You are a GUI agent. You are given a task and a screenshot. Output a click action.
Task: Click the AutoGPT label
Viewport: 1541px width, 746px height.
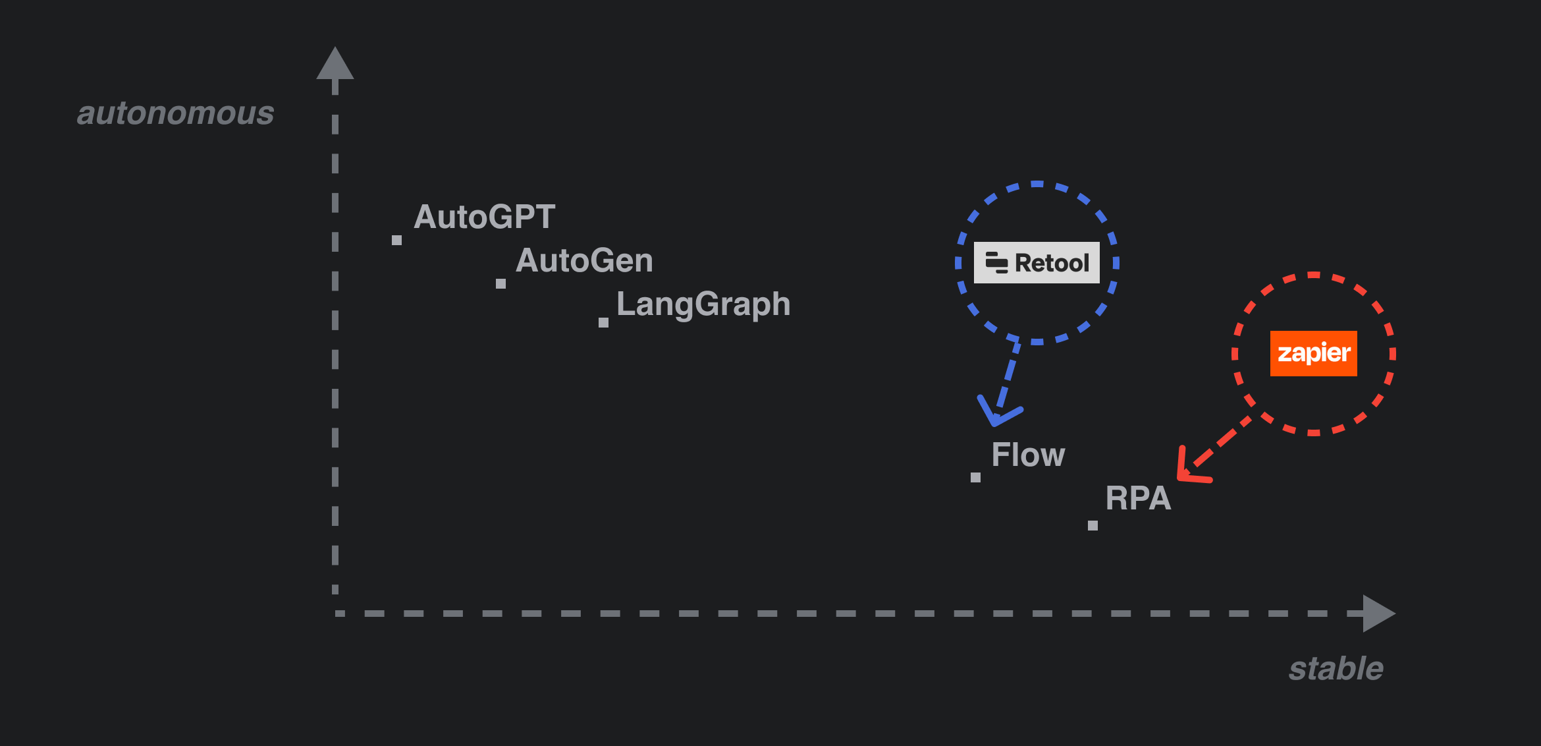(x=484, y=217)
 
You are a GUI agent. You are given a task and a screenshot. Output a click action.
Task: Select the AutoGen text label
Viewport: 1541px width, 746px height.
(x=584, y=260)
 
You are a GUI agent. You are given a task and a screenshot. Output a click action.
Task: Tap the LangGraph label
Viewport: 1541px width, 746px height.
(x=703, y=304)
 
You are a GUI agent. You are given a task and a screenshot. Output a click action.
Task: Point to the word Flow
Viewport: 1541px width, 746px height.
(x=1027, y=455)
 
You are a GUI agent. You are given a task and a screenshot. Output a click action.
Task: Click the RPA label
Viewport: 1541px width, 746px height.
(x=1138, y=498)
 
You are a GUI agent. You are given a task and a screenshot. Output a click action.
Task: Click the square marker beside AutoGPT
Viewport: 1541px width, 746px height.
(x=396, y=241)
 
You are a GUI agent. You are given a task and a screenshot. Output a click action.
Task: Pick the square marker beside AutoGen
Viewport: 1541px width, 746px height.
(x=500, y=283)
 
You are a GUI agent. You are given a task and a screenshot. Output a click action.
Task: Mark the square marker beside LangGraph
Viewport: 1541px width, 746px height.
(x=603, y=322)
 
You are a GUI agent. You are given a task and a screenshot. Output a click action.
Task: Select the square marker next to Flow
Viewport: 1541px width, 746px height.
(x=975, y=477)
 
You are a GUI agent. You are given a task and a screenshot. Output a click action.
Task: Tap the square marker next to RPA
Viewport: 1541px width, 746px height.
(x=1093, y=525)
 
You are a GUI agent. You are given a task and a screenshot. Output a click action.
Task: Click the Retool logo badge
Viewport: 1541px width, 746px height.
(x=1037, y=263)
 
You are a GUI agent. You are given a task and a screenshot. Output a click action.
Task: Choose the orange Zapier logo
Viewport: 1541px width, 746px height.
(x=1313, y=354)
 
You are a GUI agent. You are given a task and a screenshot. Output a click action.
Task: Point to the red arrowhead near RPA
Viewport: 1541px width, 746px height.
(x=1189, y=469)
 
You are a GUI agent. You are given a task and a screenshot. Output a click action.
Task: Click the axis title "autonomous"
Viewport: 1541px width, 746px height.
(x=175, y=113)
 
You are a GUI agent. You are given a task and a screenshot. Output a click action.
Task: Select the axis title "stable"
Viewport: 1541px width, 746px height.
(x=1336, y=669)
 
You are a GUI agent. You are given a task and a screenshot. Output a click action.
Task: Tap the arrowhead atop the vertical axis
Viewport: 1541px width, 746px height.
(x=335, y=65)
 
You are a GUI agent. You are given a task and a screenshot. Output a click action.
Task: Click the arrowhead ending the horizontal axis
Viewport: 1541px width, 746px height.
(x=1377, y=614)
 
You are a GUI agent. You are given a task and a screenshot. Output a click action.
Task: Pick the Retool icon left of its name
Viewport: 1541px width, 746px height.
(x=996, y=262)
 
